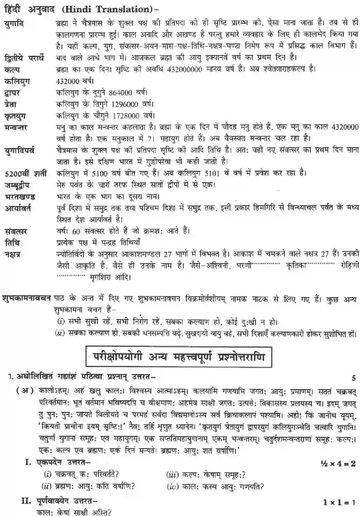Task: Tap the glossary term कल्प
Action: [12, 70]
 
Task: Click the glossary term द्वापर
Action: [12, 93]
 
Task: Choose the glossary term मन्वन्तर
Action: [16, 128]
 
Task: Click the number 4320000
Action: [344, 127]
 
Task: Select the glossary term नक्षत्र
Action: [13, 254]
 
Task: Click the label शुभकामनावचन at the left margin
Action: [27, 297]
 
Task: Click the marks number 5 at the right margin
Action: [353, 378]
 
